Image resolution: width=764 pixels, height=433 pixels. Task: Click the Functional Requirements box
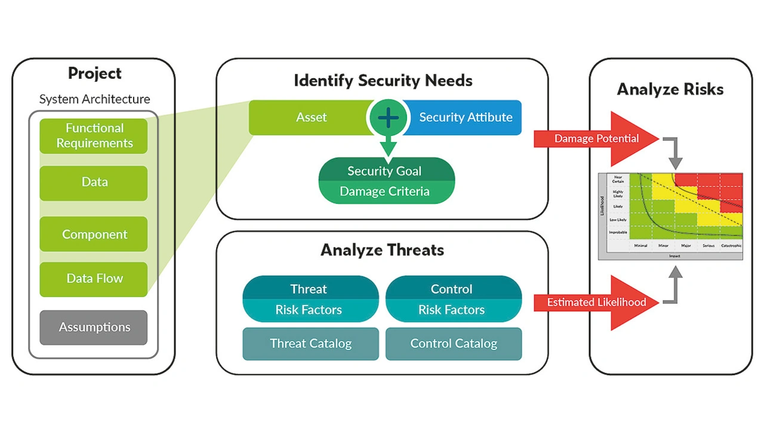coord(94,136)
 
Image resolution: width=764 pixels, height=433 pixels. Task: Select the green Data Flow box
coord(94,279)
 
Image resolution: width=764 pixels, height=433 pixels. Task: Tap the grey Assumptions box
coord(94,327)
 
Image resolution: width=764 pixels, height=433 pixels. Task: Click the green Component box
coord(94,234)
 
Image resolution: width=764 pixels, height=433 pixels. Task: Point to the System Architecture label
coord(94,100)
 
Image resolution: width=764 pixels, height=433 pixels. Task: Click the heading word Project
coord(94,73)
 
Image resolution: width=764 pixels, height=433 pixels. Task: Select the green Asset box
coord(310,117)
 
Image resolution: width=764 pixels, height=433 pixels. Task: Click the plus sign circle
coord(388,117)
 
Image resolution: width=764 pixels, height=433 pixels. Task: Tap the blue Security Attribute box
coord(466,117)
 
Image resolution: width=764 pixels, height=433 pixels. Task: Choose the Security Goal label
coord(384,171)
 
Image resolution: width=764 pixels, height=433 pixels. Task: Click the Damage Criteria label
coord(384,191)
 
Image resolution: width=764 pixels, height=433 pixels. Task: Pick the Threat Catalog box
coord(310,344)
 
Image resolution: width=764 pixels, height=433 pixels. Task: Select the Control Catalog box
coord(454,344)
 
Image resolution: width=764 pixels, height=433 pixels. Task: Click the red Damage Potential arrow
coord(597,139)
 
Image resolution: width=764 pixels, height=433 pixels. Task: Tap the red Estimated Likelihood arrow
coord(597,302)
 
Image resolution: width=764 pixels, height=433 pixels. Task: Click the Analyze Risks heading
coord(670,89)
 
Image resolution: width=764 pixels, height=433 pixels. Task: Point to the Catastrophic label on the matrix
coord(731,246)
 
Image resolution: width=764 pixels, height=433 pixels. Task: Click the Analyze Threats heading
coord(382,250)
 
